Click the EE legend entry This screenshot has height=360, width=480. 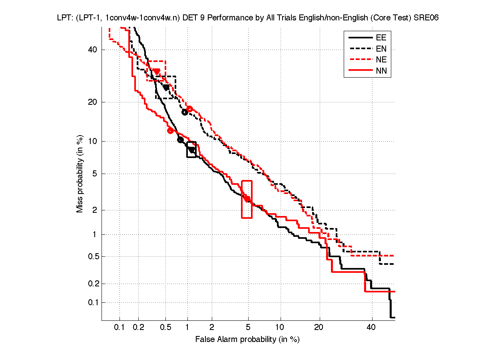pyautogui.click(x=381, y=38)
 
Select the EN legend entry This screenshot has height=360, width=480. pyautogui.click(x=381, y=49)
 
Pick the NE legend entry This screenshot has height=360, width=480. pyautogui.click(x=381, y=60)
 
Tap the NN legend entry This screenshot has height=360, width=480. pyautogui.click(x=381, y=71)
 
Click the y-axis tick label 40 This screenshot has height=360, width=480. pyautogui.click(x=93, y=50)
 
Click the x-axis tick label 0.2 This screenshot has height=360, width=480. pyautogui.click(x=139, y=328)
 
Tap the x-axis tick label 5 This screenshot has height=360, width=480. pyautogui.click(x=248, y=328)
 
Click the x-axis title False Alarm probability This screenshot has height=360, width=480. pyautogui.click(x=247, y=340)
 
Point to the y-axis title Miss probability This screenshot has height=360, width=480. pyautogui.click(x=80, y=173)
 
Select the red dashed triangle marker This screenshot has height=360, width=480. pyautogui.click(x=157, y=71)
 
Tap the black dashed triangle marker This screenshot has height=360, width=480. pyautogui.click(x=166, y=87)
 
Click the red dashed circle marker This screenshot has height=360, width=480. pyautogui.click(x=189, y=109)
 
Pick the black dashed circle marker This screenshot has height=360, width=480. pyautogui.click(x=185, y=112)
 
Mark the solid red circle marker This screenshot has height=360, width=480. pyautogui.click(x=170, y=130)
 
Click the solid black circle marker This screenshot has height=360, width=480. pyautogui.click(x=180, y=140)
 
